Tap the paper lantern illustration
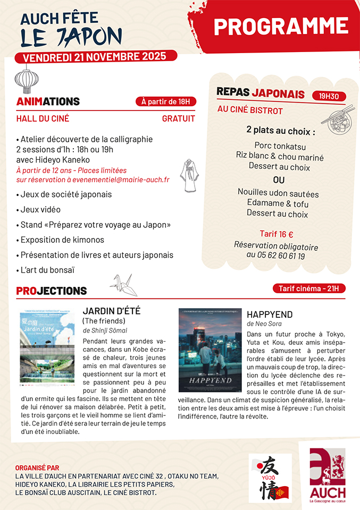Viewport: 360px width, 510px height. coord(27,79)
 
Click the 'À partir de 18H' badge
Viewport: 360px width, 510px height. coord(165,101)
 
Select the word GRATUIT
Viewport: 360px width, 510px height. coord(178,118)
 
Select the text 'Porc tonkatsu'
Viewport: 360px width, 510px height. coord(280,146)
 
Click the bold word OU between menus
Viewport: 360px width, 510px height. coord(279,179)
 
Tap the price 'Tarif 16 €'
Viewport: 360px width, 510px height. coord(277,234)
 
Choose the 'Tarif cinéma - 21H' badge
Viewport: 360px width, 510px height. coord(309,288)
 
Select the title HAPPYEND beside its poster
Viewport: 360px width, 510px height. coord(270,314)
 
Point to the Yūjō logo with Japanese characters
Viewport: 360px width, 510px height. coord(271,477)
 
